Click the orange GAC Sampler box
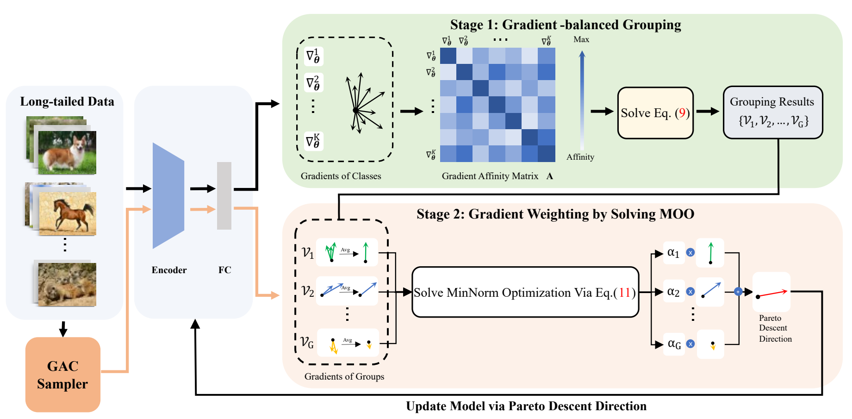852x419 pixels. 63,375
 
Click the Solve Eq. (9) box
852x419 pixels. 655,113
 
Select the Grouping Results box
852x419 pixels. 772,112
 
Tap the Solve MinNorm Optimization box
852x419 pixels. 525,292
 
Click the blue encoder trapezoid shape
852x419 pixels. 168,195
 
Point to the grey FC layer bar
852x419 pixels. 224,195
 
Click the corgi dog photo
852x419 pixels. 67,152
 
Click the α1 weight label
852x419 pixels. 673,253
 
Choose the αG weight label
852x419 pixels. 674,344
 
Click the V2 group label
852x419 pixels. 308,291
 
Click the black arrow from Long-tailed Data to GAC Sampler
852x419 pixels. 63,329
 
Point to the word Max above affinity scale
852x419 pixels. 581,40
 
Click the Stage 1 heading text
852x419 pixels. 565,25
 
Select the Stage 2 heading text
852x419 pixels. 555,214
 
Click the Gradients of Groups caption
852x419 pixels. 344,376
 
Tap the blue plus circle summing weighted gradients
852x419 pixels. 738,292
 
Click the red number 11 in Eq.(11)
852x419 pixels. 624,293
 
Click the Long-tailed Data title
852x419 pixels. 67,101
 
